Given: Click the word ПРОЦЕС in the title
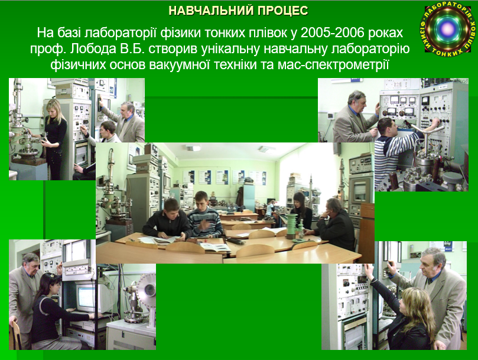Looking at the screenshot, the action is (x=282, y=11).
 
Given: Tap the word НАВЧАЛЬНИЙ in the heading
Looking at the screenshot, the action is (x=211, y=11).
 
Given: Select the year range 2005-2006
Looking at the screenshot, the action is (x=332, y=33).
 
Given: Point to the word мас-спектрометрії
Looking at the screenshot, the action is (x=333, y=65).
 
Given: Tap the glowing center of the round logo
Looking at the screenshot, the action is (x=448, y=29).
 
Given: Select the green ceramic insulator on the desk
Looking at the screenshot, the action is (x=292, y=226).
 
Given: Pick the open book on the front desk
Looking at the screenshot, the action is (x=215, y=247).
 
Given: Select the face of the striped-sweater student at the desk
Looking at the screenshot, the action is (x=202, y=202).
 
